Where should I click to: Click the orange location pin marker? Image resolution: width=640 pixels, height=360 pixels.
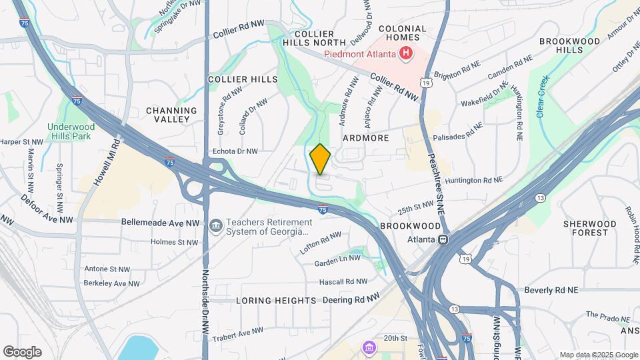pyautogui.click(x=320, y=159)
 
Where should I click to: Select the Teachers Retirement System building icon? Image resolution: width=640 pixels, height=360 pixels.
pyautogui.click(x=215, y=227)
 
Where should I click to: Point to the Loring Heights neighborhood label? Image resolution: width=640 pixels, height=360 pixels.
pyautogui.click(x=276, y=301)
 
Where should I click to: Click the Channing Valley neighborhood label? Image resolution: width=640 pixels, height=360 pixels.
pyautogui.click(x=171, y=115)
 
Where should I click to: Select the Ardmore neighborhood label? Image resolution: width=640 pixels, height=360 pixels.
pyautogui.click(x=365, y=138)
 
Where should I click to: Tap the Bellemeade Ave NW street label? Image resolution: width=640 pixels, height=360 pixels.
pyautogui.click(x=160, y=223)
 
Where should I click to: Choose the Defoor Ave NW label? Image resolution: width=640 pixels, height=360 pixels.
pyautogui.click(x=46, y=219)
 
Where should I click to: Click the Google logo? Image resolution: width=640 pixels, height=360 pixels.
pyautogui.click(x=22, y=351)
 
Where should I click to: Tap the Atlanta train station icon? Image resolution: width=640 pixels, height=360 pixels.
pyautogui.click(x=443, y=239)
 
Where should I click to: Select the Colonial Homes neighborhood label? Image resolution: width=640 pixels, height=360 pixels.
pyautogui.click(x=403, y=33)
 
